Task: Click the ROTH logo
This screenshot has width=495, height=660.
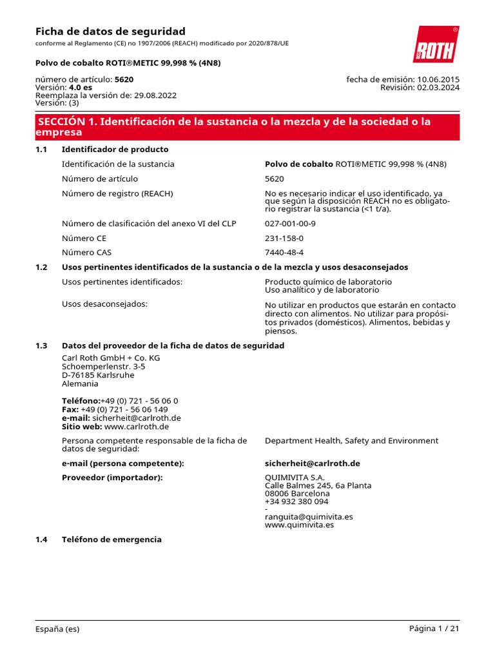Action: click(x=436, y=44)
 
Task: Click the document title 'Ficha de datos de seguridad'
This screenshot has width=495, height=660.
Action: click(x=110, y=31)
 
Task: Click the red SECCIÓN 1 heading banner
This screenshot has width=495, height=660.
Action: click(x=247, y=127)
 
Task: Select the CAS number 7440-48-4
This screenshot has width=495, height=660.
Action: click(x=284, y=253)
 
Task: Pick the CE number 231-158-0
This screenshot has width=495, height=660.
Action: click(x=284, y=238)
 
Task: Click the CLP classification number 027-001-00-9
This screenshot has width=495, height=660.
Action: click(x=290, y=224)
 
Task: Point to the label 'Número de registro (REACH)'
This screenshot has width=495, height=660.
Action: click(x=117, y=193)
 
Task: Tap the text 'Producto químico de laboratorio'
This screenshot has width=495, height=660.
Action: click(x=328, y=282)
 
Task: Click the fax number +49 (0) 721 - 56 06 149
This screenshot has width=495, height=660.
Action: click(x=124, y=409)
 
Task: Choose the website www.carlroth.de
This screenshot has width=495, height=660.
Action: click(x=136, y=426)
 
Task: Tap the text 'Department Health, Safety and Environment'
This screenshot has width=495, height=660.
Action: click(x=351, y=441)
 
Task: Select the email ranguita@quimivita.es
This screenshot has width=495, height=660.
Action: click(x=309, y=516)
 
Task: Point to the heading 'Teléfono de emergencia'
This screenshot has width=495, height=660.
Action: click(x=112, y=539)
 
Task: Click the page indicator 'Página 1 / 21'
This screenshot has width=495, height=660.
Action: click(x=434, y=629)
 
